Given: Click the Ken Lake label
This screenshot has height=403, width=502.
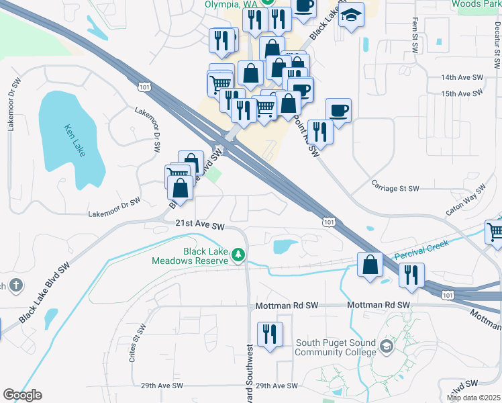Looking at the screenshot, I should coord(74,140).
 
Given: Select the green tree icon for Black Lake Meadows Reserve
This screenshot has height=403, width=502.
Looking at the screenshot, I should coord(238,255).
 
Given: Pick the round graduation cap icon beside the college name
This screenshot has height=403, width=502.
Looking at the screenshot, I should coord(386,347).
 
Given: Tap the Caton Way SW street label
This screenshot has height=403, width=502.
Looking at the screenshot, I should coord(465,201).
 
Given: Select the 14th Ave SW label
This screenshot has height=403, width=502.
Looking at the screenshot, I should coord(462,78).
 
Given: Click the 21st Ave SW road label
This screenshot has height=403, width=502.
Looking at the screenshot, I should coord(199,227).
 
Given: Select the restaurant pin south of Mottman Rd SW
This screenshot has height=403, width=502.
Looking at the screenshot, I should coord(270,334).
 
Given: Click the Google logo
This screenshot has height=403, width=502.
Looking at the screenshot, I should coord(22,395).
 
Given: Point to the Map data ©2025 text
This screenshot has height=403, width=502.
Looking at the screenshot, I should coord(473,398).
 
